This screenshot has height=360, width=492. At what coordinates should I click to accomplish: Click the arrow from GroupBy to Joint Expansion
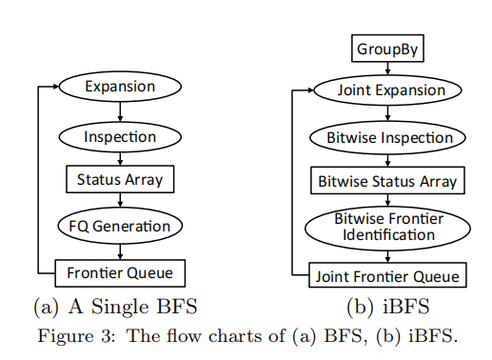pos(387,69)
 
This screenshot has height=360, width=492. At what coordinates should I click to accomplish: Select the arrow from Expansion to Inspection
pos(120,111)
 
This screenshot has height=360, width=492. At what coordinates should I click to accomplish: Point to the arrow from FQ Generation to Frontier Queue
pos(120,251)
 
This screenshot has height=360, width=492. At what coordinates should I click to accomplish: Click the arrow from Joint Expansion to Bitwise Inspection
pos(387,113)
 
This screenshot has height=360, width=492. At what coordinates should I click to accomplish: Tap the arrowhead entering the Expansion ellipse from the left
pos(56,87)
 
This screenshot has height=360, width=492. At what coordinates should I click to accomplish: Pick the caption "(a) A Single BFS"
pos(115,307)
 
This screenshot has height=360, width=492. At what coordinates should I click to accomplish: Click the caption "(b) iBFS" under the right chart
pos(387,307)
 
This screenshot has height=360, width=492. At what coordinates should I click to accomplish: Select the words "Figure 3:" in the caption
pos(76,335)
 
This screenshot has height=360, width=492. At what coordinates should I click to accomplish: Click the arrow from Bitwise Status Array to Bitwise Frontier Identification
pos(387,200)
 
